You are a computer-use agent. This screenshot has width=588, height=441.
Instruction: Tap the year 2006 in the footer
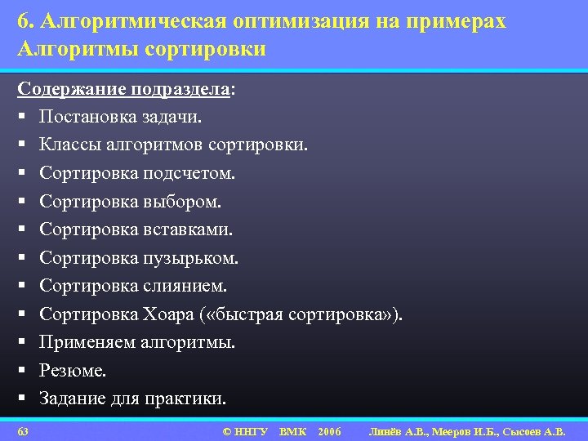coord(330,430)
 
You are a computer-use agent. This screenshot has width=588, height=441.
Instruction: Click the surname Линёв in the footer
coord(388,430)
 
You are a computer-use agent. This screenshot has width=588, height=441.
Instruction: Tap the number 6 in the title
coord(21,23)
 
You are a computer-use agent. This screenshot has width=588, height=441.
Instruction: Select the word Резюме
coord(73,371)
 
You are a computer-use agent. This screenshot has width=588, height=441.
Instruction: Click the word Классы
coord(69,145)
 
